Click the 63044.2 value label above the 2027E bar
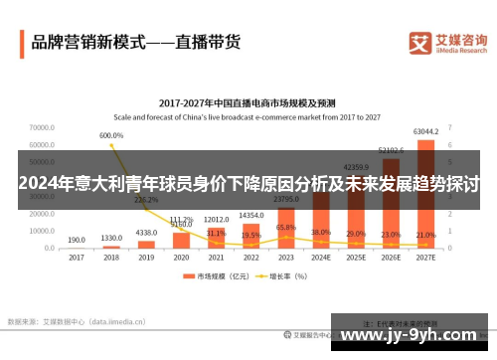pyautogui.click(x=425, y=131)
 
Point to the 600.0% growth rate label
pyautogui.click(x=110, y=135)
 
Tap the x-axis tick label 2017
pyautogui.click(x=77, y=257)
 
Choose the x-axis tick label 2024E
pyautogui.click(x=320, y=257)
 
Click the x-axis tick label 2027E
pyautogui.click(x=425, y=257)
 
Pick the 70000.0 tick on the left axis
pyautogui.click(x=42, y=128)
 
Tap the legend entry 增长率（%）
pyautogui.click(x=296, y=276)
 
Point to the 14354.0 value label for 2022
pyautogui.click(x=250, y=216)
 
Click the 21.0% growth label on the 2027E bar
pyautogui.click(x=425, y=235)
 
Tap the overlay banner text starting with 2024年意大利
pyautogui.click(x=248, y=185)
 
